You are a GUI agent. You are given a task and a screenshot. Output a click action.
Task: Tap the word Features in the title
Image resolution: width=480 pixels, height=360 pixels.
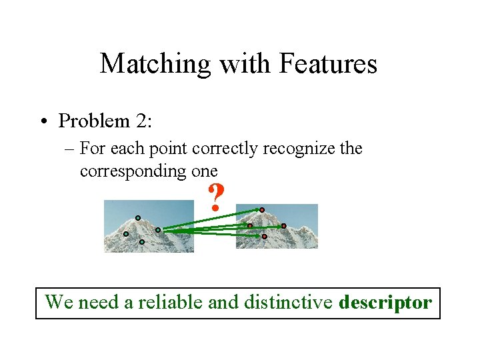329,65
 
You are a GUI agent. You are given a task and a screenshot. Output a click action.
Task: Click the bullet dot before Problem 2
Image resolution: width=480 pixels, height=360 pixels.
44,122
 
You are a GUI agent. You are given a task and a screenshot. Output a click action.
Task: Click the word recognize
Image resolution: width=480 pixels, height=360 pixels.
299,149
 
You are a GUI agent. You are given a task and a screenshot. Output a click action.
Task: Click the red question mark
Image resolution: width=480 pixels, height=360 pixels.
215,198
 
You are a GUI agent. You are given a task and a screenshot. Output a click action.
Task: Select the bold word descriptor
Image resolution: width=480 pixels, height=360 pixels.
385,303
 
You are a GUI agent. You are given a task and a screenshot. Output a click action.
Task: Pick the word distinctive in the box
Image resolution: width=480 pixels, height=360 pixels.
288,303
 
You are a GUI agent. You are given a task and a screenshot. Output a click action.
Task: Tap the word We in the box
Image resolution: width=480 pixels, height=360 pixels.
58,303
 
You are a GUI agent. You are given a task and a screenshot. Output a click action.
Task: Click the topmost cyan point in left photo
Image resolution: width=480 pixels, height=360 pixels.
138,217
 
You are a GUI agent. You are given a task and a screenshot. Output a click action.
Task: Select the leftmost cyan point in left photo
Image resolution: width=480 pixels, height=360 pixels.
125,234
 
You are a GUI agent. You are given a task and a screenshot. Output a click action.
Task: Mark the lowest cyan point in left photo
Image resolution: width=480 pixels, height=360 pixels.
141,242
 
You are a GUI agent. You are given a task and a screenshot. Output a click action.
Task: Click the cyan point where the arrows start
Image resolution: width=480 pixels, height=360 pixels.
158,230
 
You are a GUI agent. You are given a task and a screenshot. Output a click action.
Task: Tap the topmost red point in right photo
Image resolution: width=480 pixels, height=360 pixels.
262,210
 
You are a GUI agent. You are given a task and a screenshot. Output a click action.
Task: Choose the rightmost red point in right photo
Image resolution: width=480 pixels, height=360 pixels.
283,226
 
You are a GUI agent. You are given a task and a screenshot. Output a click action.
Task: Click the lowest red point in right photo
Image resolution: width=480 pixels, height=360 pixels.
264,236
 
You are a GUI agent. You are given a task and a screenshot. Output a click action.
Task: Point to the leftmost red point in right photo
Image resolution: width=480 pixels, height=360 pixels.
250,226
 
